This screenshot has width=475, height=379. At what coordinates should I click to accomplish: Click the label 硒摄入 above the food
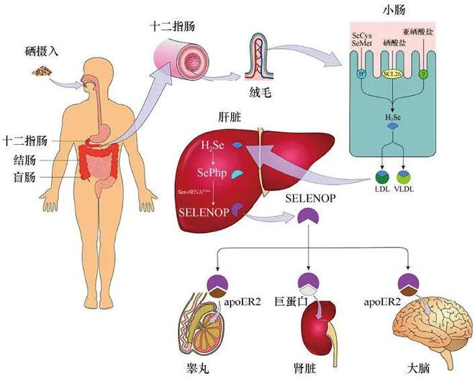pyautogui.click(x=40, y=53)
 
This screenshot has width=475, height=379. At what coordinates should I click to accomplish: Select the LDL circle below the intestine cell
pyautogui.click(x=381, y=176)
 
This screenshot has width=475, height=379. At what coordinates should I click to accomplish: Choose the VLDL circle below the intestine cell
pyautogui.click(x=405, y=176)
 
